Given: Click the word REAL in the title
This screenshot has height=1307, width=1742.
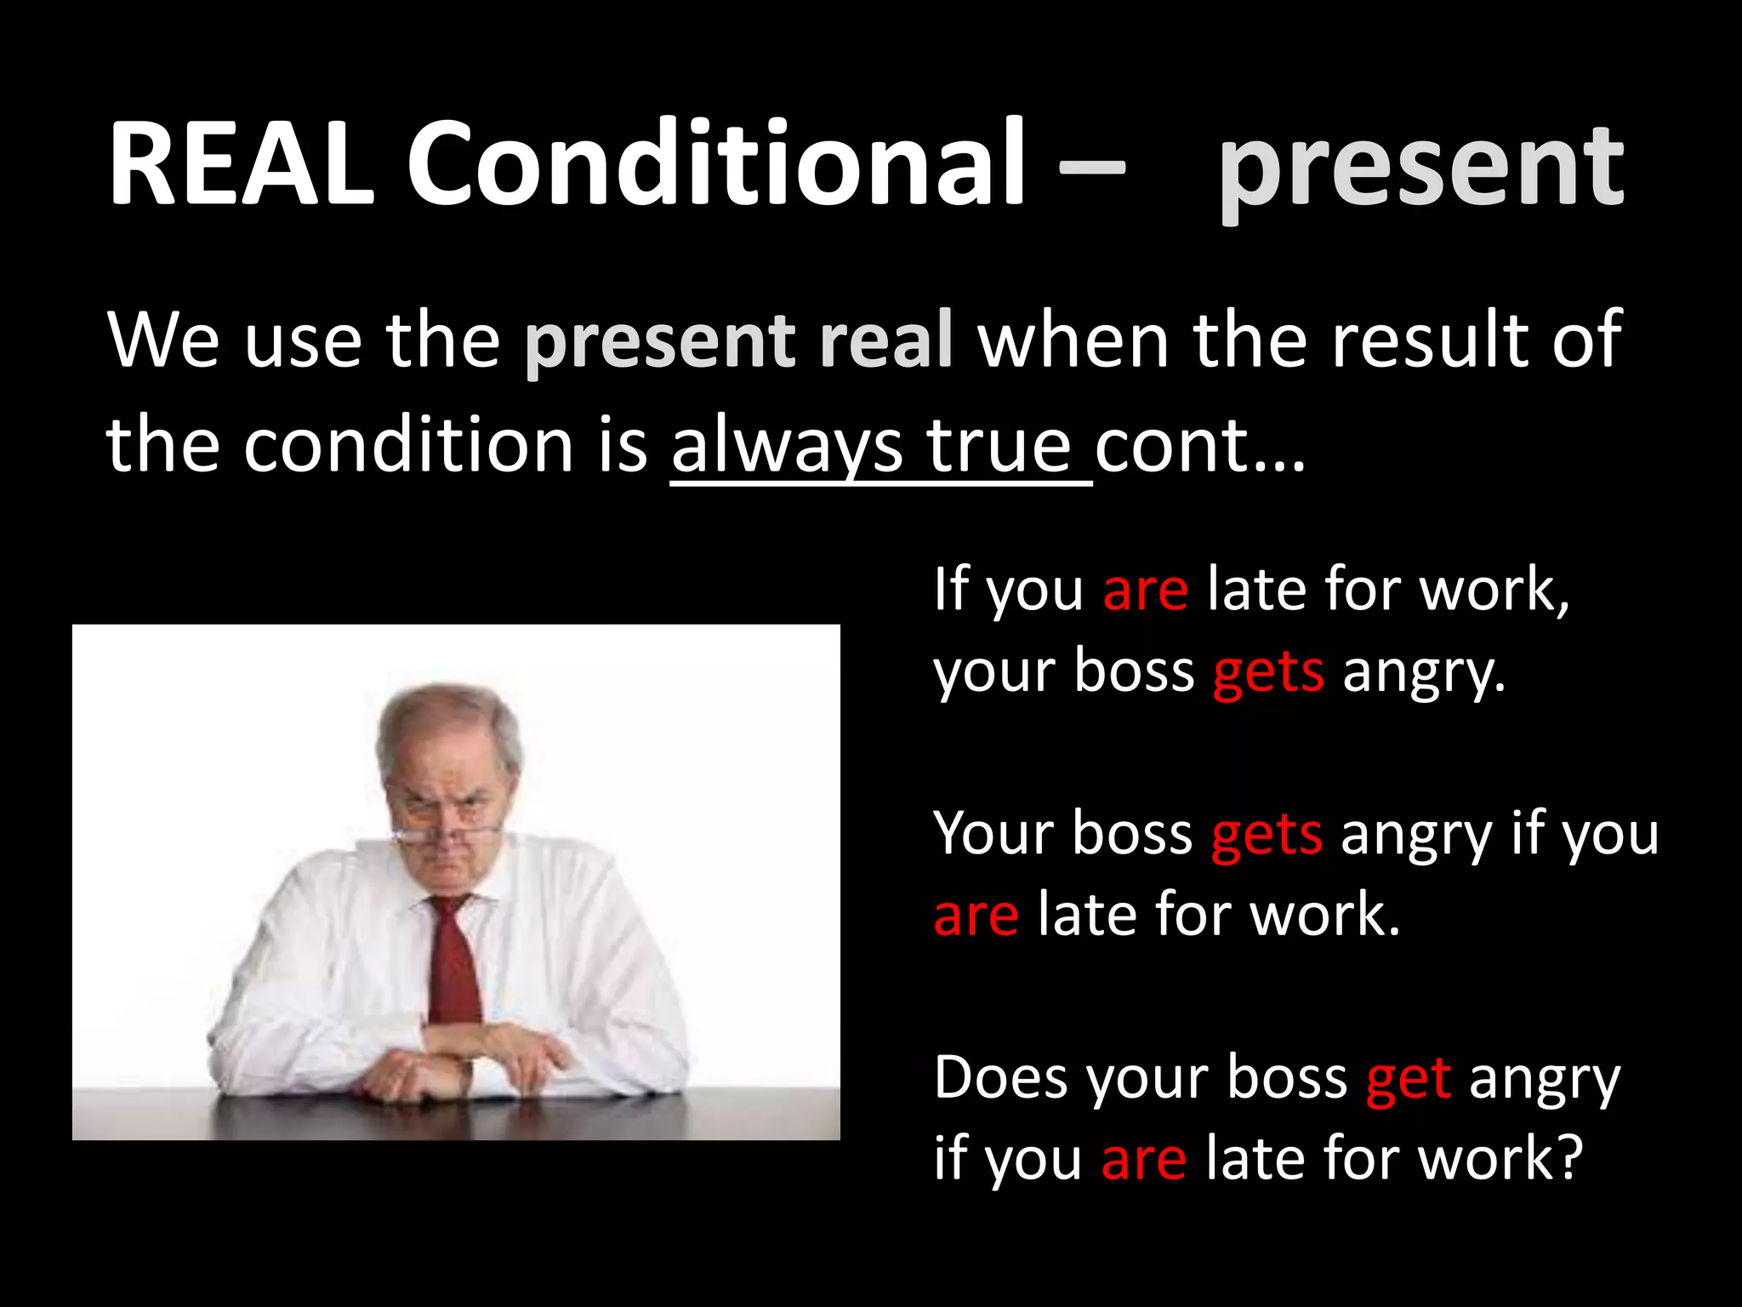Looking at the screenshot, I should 242,164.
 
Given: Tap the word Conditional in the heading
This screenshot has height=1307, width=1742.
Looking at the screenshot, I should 716,164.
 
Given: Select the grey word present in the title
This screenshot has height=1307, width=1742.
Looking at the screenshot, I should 1420,170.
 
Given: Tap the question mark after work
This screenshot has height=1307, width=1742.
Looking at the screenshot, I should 1568,1159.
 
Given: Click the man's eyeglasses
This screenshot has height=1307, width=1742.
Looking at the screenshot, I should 442,821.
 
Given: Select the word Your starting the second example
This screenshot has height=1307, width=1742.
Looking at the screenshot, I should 993,834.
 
